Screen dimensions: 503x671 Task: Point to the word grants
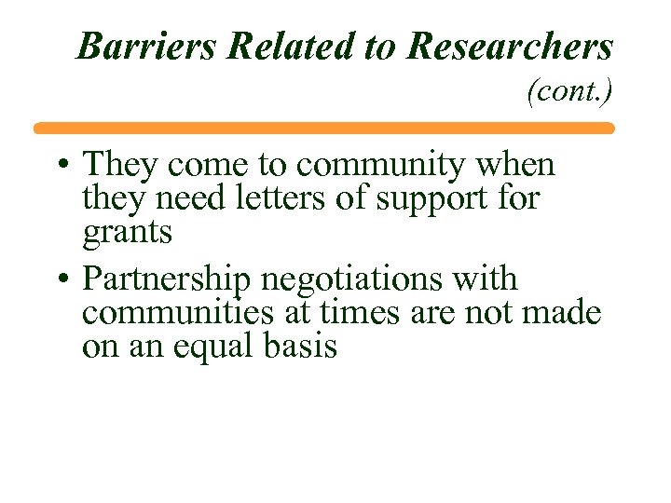pyautogui.click(x=128, y=232)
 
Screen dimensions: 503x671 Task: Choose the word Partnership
pyautogui.click(x=173, y=279)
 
